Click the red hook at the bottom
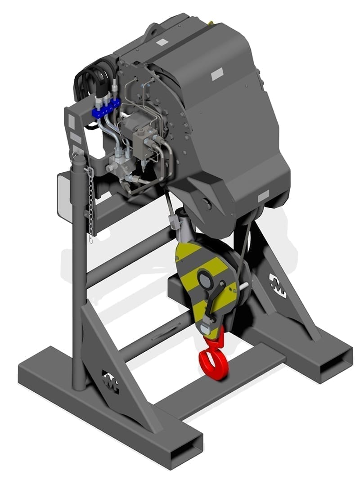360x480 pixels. (x=214, y=360)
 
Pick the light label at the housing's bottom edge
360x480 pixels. (x=263, y=195)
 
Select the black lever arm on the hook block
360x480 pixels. (x=213, y=301)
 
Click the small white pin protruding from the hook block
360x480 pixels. (x=243, y=286)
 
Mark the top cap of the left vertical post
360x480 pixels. (x=78, y=156)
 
